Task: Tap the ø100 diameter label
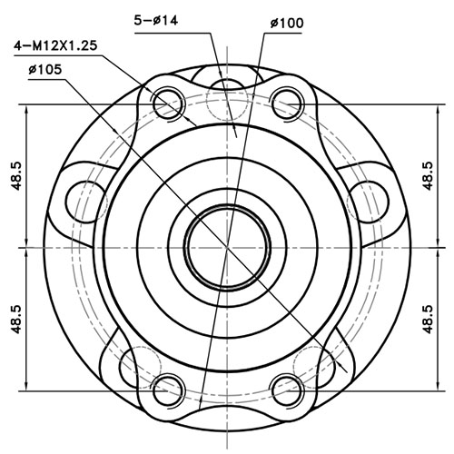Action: coord(285,24)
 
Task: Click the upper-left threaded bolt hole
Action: coord(167,104)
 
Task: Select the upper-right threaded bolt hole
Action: coord(287,104)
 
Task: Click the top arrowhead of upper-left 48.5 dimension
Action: coord(33,110)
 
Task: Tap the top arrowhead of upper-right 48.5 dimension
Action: coord(421,110)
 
